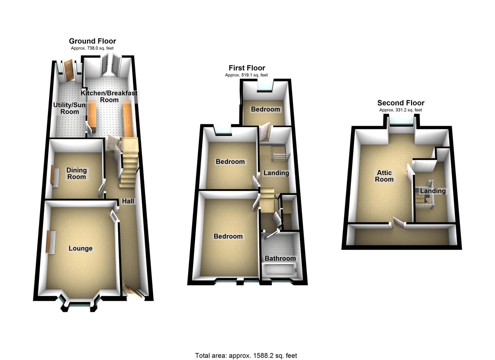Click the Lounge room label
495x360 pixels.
[80, 248]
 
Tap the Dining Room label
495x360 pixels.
[76, 173]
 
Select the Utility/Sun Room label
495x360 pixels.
[69, 108]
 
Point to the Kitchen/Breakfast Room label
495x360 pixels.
[109, 96]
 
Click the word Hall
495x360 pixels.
[128, 201]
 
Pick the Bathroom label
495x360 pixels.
[280, 258]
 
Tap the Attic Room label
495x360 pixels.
[384, 176]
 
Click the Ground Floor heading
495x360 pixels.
[92, 41]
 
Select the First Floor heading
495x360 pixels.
[247, 68]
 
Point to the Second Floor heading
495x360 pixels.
[401, 103]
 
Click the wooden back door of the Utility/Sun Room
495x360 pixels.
[69, 70]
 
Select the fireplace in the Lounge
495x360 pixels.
[50, 242]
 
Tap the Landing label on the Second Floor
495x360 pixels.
[433, 191]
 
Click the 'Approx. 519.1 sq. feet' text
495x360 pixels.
[246, 75]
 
